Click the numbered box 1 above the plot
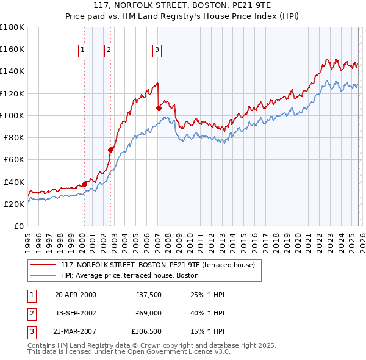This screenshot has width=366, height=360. [82, 50]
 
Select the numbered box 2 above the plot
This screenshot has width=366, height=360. [109, 50]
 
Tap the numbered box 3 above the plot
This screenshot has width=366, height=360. [157, 50]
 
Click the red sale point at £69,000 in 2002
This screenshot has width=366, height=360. [111, 149]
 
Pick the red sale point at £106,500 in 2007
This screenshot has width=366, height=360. [159, 108]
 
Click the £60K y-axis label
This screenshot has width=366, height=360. [14, 159]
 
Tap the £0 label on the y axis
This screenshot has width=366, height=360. [19, 226]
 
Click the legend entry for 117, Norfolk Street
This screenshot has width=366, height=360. [161, 265]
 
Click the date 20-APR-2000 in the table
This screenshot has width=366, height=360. [75, 295]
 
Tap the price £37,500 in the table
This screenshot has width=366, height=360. [149, 295]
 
